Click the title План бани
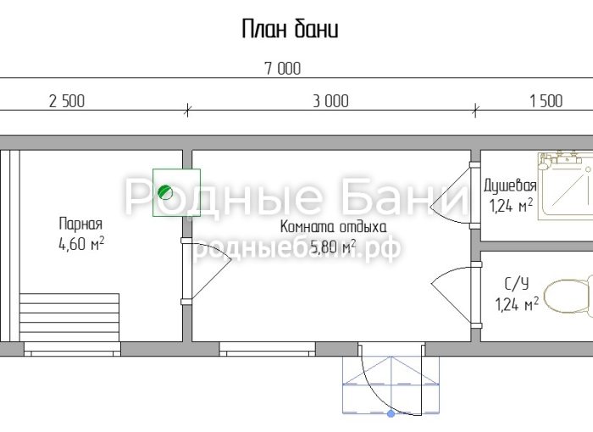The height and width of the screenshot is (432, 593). point(290,29)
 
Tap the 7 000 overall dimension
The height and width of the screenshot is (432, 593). point(283,69)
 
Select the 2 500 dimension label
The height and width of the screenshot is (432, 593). point(67,101)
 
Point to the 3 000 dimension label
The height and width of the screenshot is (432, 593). point(330,101)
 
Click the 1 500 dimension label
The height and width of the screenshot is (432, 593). point(546,101)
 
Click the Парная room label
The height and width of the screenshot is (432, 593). point(81,224)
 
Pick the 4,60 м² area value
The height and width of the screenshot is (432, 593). point(81,244)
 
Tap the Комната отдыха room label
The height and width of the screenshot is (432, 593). point(333,227)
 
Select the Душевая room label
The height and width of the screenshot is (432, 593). point(510,186)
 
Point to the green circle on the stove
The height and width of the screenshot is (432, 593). point(165,192)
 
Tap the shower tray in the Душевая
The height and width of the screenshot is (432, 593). point(565,186)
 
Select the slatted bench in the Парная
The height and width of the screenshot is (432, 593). point(69,318)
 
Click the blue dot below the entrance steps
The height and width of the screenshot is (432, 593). point(391,413)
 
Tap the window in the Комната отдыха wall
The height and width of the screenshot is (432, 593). point(268,349)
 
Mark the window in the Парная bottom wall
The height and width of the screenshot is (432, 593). point(72,349)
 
